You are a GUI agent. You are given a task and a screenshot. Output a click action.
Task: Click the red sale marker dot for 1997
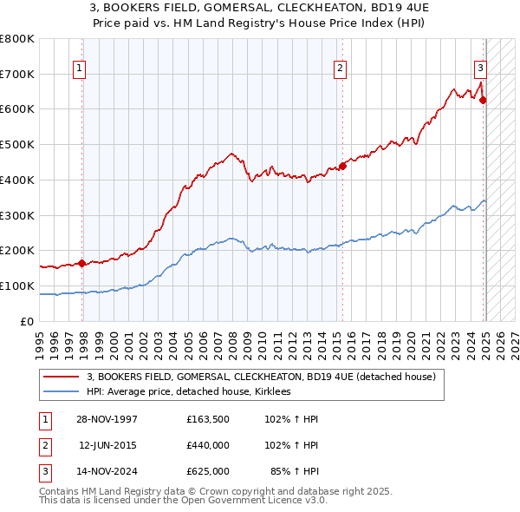(81, 263)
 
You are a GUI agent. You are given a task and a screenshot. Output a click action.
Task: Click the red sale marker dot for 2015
(342, 166)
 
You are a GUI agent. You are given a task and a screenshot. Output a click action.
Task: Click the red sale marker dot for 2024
(483, 100)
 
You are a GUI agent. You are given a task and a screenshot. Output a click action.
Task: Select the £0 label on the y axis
(26, 321)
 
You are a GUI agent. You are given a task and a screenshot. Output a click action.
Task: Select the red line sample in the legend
(62, 377)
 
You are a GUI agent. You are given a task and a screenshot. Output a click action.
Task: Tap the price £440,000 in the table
(208, 445)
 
